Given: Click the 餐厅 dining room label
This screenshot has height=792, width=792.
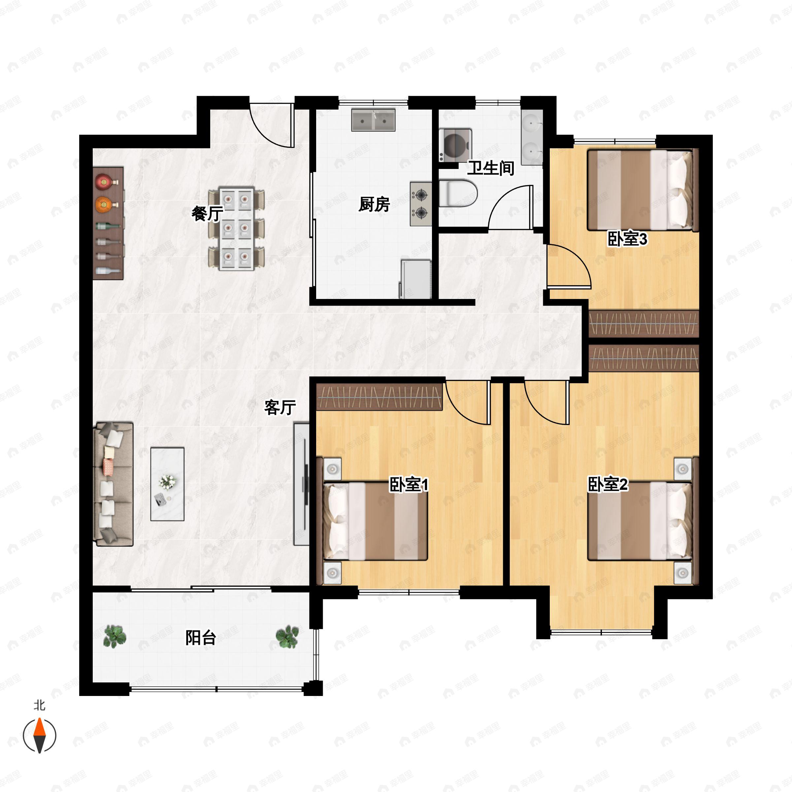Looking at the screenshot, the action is (x=208, y=213).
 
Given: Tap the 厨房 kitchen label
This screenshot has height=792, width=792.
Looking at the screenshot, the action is (x=374, y=204).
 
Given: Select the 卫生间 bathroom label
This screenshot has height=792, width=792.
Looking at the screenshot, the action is (x=491, y=168).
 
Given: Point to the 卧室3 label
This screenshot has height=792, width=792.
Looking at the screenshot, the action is (x=627, y=239).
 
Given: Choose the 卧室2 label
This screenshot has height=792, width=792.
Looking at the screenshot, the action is (x=608, y=484).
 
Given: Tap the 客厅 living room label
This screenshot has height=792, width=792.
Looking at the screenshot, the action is (x=280, y=407).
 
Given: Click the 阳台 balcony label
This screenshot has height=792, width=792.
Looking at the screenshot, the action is (x=201, y=638).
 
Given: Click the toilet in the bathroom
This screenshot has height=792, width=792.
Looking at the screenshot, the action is (x=458, y=193).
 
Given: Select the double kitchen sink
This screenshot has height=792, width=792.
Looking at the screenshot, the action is (x=373, y=120).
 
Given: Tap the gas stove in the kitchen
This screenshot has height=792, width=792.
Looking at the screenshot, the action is (x=421, y=204).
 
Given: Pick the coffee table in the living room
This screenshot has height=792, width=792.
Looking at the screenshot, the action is (x=167, y=484).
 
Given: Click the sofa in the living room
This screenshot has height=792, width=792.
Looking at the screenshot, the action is (x=114, y=484).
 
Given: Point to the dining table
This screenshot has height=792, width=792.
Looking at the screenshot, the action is (x=237, y=228).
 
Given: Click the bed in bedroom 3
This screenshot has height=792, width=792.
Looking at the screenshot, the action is (x=643, y=190).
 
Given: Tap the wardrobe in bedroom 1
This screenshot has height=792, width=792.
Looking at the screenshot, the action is (x=379, y=396).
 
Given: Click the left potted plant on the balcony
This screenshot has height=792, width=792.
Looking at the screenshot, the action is (x=115, y=637).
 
